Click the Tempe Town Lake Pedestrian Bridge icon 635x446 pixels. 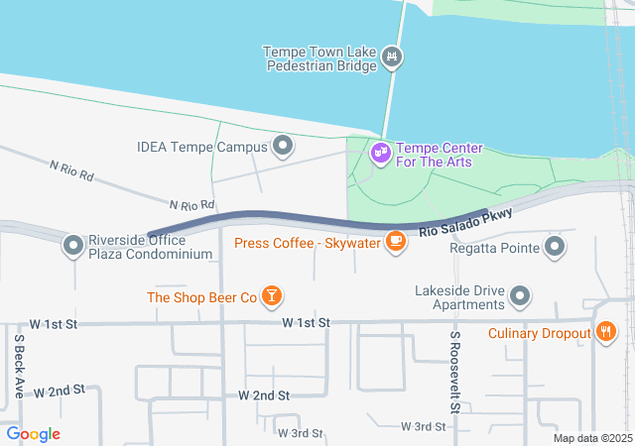pyautogui.click(x=394, y=57)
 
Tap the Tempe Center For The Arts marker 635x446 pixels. pyautogui.click(x=380, y=154)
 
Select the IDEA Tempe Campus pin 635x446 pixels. pyautogui.click(x=284, y=148)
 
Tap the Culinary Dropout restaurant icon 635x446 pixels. pyautogui.click(x=604, y=333)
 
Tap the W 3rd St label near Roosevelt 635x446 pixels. pyautogui.click(x=424, y=426)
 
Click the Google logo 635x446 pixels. pyautogui.click(x=33, y=434)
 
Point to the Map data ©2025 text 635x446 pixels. pyautogui.click(x=592, y=438)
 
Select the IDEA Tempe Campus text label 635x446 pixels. pyautogui.click(x=202, y=148)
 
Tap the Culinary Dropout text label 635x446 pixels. pyautogui.click(x=540, y=333)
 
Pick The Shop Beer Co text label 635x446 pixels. pyautogui.click(x=202, y=297)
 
